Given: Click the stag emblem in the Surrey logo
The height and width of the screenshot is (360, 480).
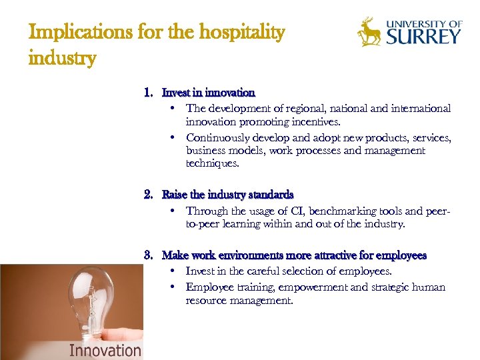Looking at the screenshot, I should point(369,32).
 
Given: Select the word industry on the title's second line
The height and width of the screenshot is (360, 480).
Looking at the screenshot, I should point(62,58).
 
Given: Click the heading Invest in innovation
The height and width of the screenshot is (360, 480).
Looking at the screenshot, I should point(208,93).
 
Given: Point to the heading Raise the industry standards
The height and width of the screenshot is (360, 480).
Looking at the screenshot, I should point(227,195).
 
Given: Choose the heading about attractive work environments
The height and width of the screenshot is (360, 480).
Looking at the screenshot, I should point(294,255).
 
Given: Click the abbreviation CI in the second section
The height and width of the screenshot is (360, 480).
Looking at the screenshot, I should point(278,211).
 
